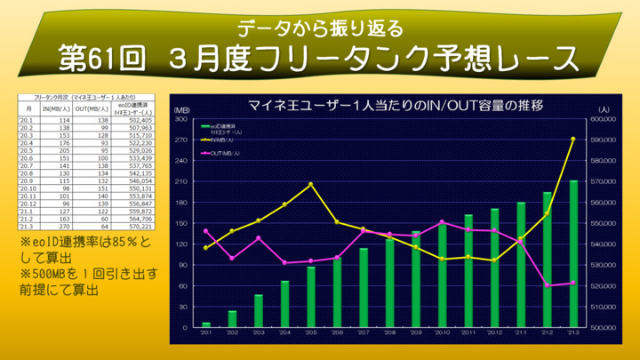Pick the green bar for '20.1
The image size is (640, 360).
[206, 324]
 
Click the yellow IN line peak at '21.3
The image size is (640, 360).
[573, 139]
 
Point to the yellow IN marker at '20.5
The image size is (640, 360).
[311, 184]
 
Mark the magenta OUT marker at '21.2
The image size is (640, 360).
[548, 285]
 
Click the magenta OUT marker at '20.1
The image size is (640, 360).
[206, 231]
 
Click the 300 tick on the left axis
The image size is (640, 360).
[180, 118]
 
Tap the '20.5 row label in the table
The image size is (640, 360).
[26, 149]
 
